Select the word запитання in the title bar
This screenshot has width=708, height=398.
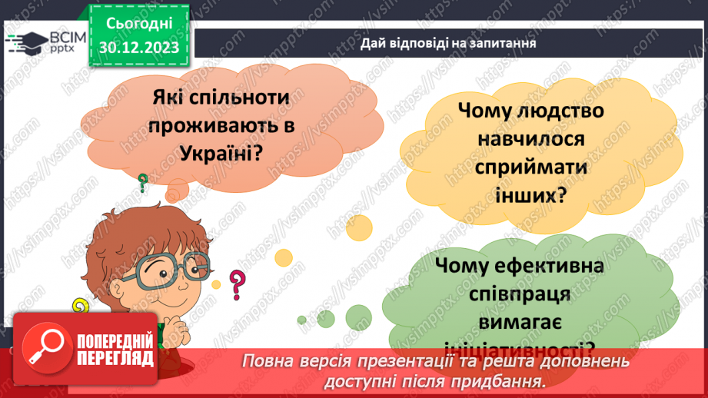coord(501,44)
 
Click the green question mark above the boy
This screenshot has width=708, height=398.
coord(143,182)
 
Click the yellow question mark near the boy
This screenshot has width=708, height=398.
coord(79,307)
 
